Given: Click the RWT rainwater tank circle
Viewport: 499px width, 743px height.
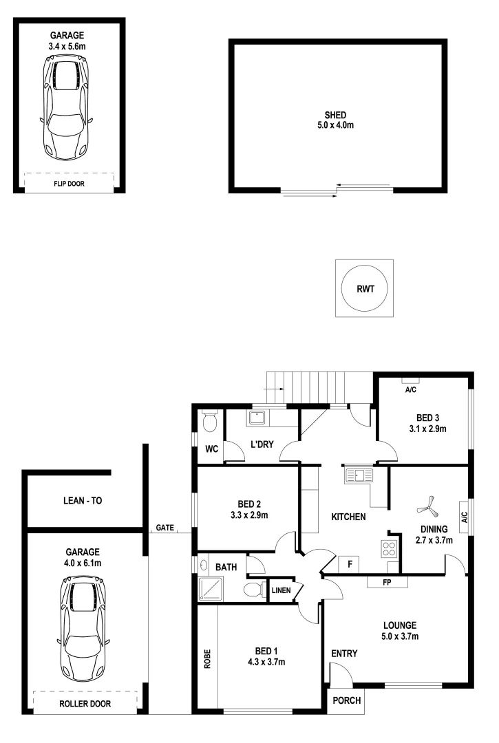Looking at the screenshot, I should click(364, 288).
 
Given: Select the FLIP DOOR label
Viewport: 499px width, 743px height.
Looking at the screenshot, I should click(68, 184).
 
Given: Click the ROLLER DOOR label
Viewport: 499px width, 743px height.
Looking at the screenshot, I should click(85, 703).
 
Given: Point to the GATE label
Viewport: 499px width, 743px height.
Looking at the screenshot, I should click(164, 528).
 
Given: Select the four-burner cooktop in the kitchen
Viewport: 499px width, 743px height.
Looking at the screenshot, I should click(389, 549).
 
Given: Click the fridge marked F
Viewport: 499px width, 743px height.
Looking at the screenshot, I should click(350, 565).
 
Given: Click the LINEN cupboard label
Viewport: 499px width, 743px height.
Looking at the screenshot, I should click(281, 591).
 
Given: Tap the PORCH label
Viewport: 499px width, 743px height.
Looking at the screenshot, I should click(346, 700).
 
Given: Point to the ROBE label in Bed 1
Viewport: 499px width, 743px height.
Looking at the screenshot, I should click(206, 658).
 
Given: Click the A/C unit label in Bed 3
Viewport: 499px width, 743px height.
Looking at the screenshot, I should click(411, 389).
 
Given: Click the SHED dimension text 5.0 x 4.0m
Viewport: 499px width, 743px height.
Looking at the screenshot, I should click(335, 125).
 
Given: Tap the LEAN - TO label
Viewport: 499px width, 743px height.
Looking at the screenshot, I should click(78, 501).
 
